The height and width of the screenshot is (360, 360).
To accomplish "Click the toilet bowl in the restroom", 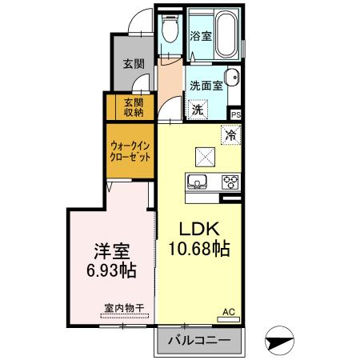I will click(x=168, y=33).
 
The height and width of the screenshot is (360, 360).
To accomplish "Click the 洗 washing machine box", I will click(x=197, y=110).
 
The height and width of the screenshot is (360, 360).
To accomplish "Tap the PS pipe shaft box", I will click(x=235, y=114).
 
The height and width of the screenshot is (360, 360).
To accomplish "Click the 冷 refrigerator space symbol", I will click(x=230, y=135).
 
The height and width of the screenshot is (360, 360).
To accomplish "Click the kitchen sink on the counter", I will click(x=198, y=180).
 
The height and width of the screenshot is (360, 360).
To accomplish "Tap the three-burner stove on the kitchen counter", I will click(x=230, y=180).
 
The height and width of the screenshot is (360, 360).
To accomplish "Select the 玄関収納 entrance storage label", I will click(x=134, y=106).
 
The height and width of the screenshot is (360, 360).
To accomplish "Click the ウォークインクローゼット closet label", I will click(x=130, y=151).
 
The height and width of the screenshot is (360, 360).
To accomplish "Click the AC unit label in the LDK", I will click(x=228, y=311).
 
